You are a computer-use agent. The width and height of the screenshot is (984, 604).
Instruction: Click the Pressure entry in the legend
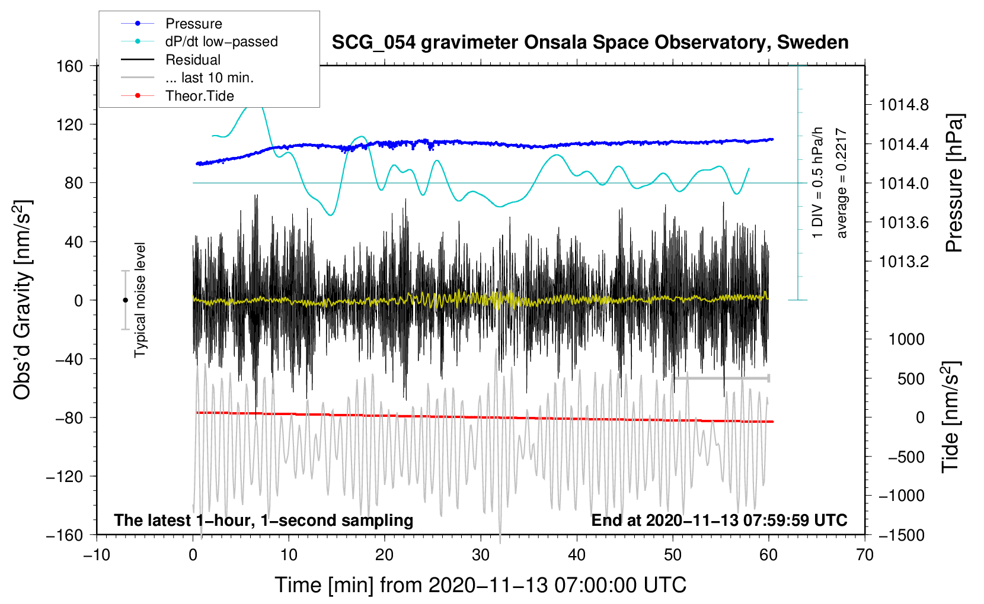(x=193, y=24)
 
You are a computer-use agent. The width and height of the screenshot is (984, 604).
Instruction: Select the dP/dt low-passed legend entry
(x=221, y=41)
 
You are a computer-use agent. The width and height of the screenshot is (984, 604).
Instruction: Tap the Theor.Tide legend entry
(x=199, y=96)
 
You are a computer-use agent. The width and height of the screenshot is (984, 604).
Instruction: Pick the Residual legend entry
(x=193, y=60)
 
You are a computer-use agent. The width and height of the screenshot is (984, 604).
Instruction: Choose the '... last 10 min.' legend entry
(x=209, y=78)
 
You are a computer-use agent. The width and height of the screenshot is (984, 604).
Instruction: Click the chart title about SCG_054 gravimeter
(x=590, y=43)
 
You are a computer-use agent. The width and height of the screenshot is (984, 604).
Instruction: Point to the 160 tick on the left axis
(x=70, y=66)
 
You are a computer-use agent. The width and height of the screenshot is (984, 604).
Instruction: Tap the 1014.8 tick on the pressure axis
(x=904, y=105)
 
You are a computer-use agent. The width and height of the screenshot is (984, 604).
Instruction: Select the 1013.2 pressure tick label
(x=904, y=262)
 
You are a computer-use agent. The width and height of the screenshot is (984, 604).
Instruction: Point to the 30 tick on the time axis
(x=481, y=555)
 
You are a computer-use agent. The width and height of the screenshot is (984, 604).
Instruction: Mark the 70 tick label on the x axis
(x=865, y=555)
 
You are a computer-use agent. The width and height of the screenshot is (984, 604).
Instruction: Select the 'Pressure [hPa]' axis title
(x=954, y=184)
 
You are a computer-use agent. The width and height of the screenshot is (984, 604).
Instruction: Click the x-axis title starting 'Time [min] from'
(x=481, y=585)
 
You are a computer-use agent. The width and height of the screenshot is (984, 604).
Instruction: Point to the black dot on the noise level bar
(x=125, y=300)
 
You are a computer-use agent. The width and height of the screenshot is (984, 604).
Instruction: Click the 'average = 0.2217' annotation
(x=842, y=184)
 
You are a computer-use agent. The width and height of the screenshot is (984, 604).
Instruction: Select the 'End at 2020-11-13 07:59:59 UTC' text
(x=719, y=520)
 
